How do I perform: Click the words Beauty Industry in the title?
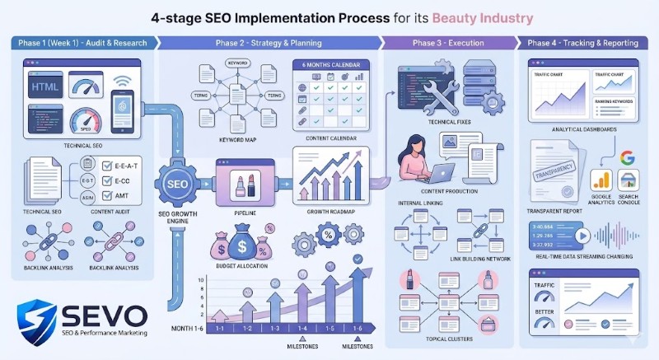click(x=486, y=17)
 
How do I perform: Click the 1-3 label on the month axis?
click(x=275, y=327)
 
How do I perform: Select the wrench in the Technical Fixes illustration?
click(x=442, y=92)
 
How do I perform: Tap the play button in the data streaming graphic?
click(x=583, y=233)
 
